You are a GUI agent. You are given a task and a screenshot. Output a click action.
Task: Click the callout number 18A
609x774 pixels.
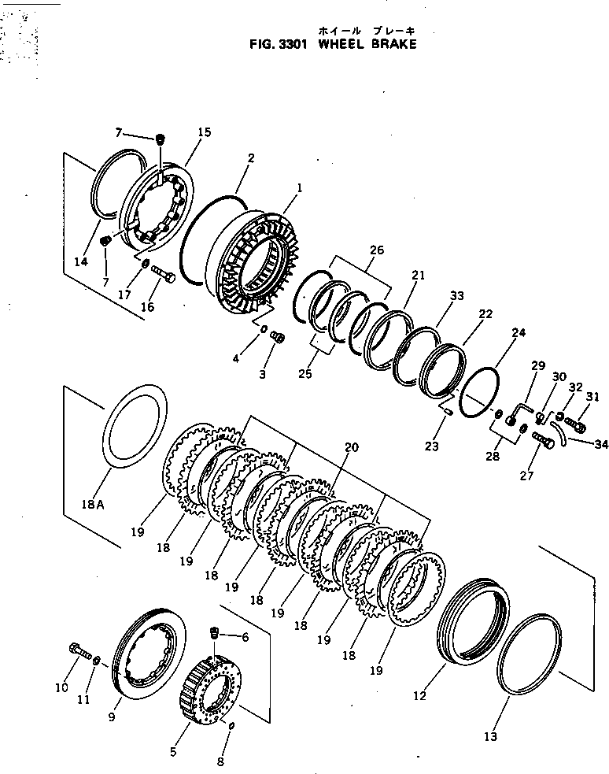91,504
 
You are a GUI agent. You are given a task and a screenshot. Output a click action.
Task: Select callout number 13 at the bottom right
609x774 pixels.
490,737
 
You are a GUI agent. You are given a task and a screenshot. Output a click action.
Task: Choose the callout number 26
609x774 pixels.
376,250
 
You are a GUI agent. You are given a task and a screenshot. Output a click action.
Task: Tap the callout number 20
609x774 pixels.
351,447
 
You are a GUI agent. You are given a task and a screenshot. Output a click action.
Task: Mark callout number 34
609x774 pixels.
600,445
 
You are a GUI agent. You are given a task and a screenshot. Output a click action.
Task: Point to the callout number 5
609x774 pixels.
172,751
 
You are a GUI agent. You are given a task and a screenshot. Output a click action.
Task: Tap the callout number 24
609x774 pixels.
518,333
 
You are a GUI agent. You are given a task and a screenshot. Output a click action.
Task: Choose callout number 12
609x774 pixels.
419,695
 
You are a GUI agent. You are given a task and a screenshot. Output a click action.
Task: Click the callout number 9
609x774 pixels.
112,717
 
